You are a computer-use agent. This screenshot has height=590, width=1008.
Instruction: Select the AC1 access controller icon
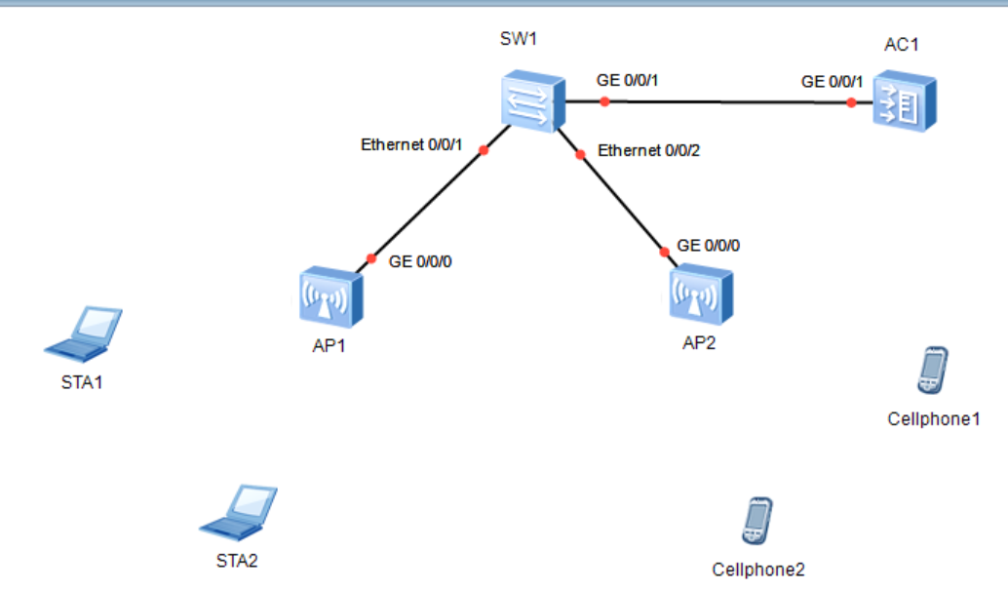[x=904, y=100]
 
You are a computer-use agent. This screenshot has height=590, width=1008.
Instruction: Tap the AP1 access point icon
[x=331, y=296]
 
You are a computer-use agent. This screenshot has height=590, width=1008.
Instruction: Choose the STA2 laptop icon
[x=239, y=511]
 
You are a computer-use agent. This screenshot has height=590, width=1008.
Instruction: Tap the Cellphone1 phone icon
[x=932, y=370]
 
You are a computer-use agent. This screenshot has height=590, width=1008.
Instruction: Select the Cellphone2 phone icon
[x=756, y=521]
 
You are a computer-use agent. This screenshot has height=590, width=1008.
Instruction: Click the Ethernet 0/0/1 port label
[x=410, y=145]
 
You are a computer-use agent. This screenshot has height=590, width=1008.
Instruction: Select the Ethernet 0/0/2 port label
[x=648, y=150]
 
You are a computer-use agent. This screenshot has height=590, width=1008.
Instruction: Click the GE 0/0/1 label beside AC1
[x=833, y=82]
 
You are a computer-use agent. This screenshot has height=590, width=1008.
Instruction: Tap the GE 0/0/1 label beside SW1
[x=628, y=80]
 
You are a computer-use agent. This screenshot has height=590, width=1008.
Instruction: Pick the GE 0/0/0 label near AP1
[x=420, y=261]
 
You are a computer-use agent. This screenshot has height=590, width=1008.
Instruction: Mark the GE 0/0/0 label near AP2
[x=709, y=245]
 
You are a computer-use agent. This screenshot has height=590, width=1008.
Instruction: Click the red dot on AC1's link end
[x=851, y=102]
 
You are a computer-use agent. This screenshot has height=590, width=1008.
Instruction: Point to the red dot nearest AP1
[x=370, y=258]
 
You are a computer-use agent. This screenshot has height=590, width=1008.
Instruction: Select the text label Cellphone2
[x=758, y=570]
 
